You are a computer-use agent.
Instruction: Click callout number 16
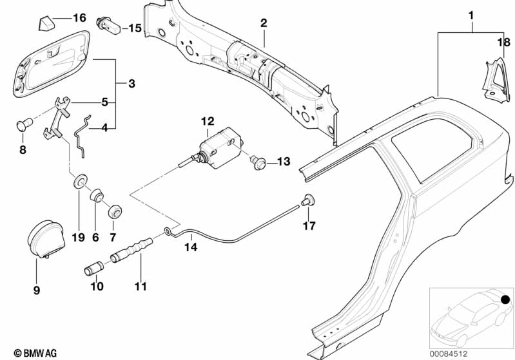pyautogui.click(x=79, y=17)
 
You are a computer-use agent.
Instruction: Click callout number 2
pyautogui.click(x=263, y=23)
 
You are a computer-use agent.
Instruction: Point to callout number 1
pyautogui.click(x=471, y=14)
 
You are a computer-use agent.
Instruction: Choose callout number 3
pyautogui.click(x=131, y=84)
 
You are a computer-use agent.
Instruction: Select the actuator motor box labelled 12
pyautogui.click(x=220, y=143)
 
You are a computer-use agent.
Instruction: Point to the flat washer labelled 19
pyautogui.click(x=79, y=180)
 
